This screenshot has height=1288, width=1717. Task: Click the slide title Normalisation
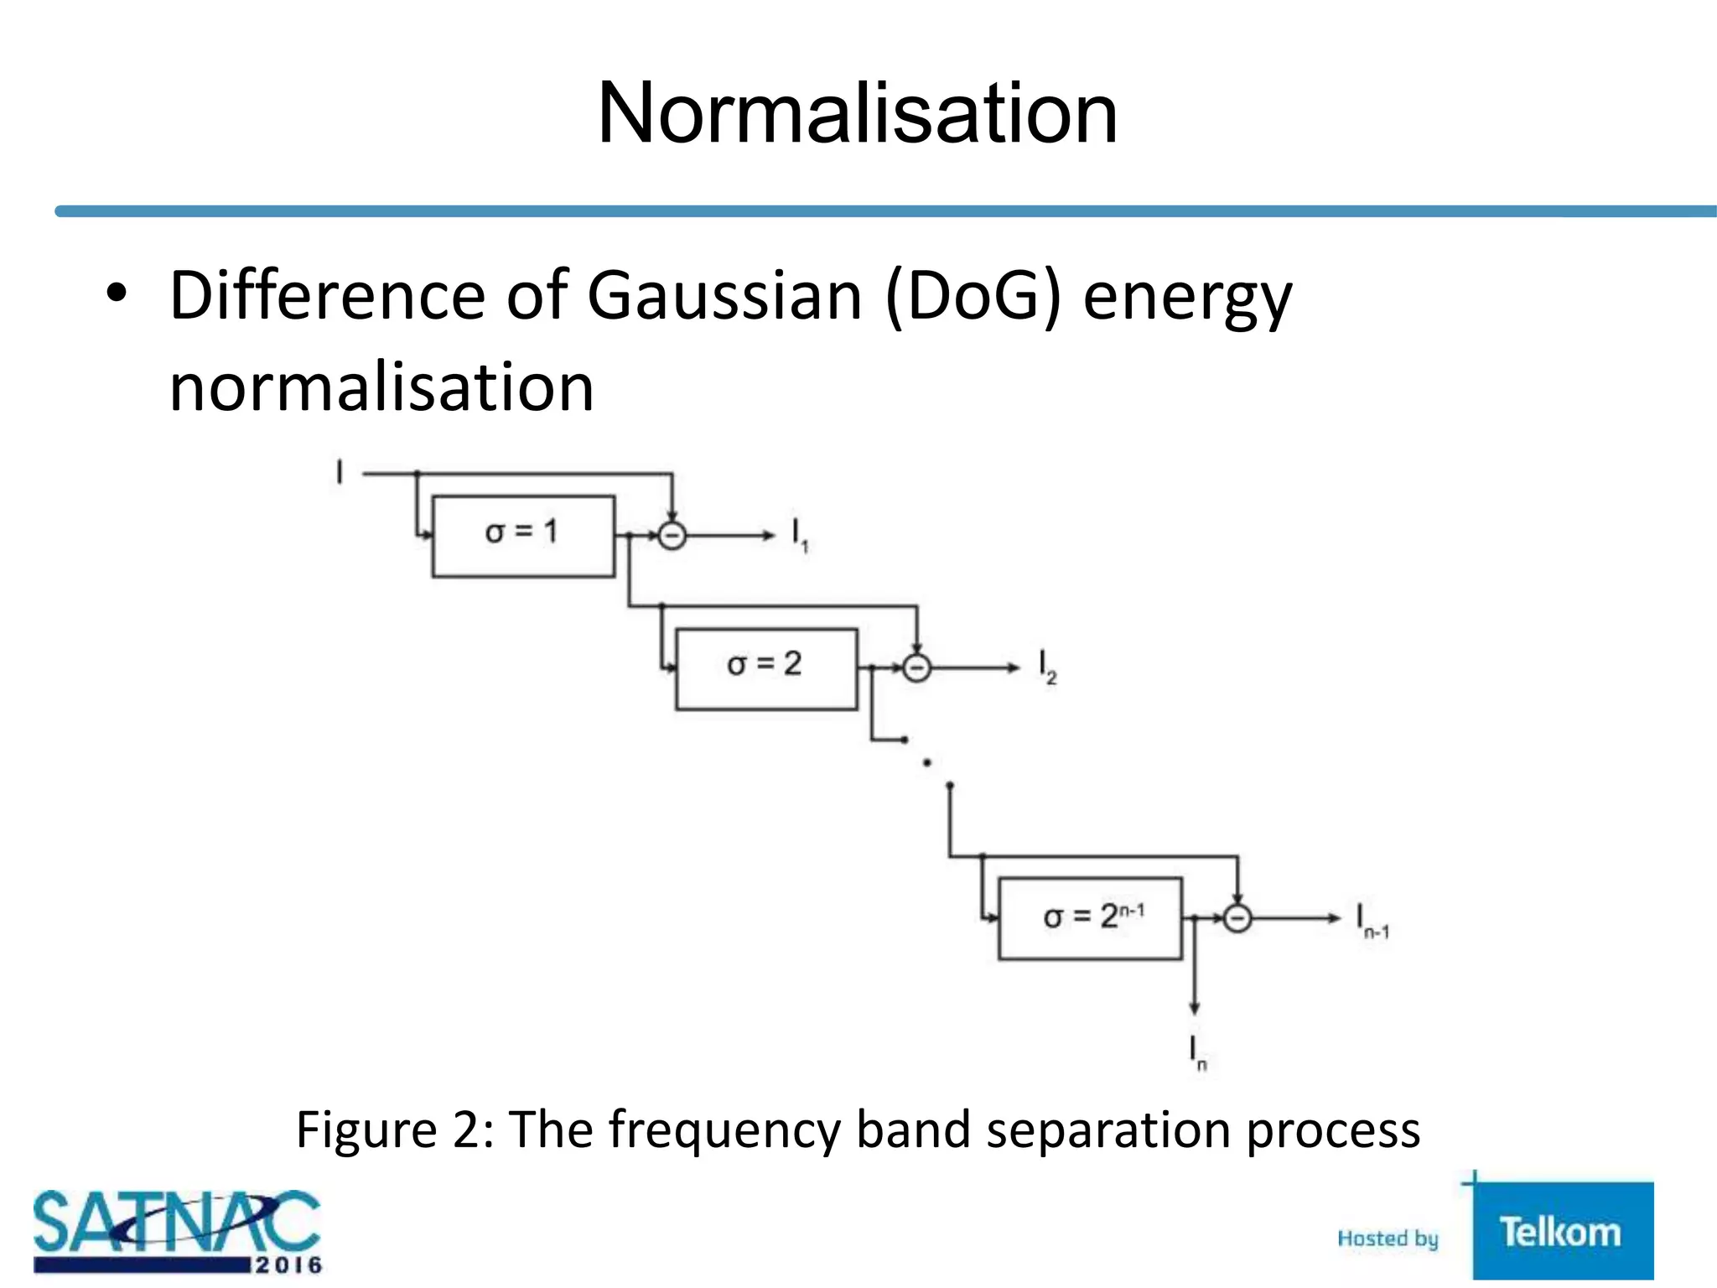857,114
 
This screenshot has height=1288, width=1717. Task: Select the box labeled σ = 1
523,536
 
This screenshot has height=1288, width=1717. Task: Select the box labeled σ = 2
766,668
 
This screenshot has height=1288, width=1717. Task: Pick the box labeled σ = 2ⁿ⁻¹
1090,918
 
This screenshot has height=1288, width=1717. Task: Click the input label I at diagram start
340,472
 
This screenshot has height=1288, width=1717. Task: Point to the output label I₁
799,535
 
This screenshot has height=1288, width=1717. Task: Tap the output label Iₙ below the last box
1197,1053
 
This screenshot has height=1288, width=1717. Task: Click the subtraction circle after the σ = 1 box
672,535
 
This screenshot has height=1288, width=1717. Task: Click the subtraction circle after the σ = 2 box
916,668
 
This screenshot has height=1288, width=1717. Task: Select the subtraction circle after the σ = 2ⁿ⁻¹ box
1237,918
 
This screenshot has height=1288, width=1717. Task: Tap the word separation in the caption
1108,1130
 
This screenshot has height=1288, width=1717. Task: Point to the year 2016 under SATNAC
288,1265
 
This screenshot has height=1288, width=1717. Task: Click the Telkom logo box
1562,1231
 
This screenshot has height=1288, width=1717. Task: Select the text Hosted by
1388,1239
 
